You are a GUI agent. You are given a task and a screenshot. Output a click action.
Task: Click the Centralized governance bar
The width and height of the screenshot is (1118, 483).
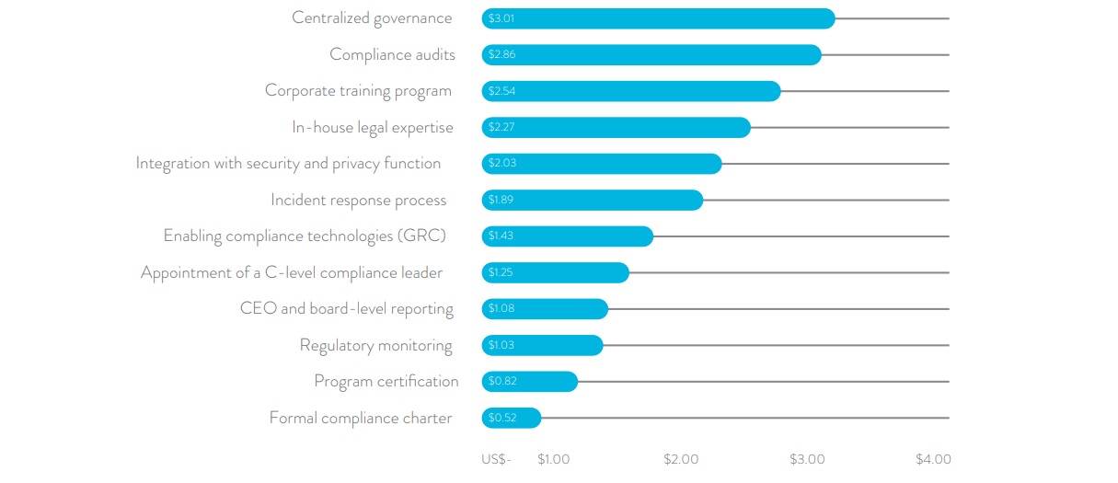pyautogui.click(x=658, y=18)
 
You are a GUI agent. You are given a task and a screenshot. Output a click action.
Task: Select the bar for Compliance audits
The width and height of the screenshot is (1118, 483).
pyautogui.click(x=651, y=55)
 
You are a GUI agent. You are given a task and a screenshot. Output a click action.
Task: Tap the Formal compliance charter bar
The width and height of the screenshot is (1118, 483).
pyautogui.click(x=512, y=418)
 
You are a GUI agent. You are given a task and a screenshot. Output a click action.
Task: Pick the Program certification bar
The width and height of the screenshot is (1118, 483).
pyautogui.click(x=530, y=382)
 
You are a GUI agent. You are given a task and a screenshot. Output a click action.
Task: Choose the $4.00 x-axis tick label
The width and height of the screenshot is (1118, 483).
pyautogui.click(x=933, y=459)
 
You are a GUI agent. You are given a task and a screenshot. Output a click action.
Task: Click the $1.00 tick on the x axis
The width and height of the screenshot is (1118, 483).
pyautogui.click(x=553, y=459)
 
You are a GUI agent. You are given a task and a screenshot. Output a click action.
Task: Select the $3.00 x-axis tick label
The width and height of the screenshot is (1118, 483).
pyautogui.click(x=807, y=459)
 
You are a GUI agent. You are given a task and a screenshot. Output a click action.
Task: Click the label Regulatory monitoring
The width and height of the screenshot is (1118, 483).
pyautogui.click(x=375, y=346)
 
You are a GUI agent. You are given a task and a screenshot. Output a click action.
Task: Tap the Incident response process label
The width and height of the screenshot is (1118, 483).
pyautogui.click(x=358, y=201)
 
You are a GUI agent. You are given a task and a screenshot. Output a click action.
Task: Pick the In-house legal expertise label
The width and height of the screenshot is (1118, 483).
pyautogui.click(x=372, y=128)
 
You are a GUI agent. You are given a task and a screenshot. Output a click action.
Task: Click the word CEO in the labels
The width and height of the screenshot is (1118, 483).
pyautogui.click(x=259, y=309)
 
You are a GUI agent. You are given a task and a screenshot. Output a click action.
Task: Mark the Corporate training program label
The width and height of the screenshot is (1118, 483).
pyautogui.click(x=358, y=91)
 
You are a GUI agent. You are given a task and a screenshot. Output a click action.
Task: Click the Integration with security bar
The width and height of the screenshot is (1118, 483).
pyautogui.click(x=602, y=164)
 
